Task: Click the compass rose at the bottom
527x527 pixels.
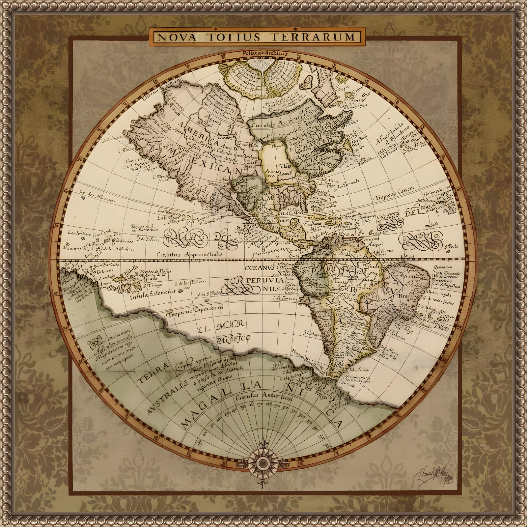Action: click(263, 464)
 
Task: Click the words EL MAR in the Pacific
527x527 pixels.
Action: click(221, 326)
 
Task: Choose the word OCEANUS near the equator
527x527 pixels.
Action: click(259, 268)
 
